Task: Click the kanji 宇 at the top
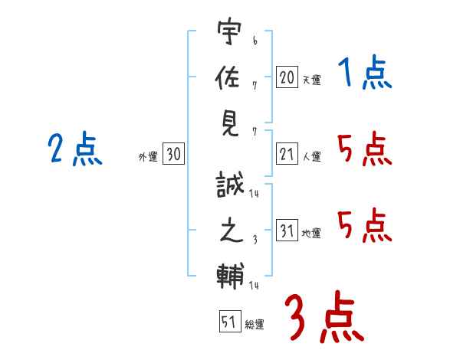[x=229, y=31]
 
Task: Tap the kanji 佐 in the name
[x=228, y=77]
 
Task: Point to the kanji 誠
[x=230, y=185]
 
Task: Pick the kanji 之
[x=232, y=231]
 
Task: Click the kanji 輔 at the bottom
[x=230, y=276]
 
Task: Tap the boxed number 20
[x=287, y=77]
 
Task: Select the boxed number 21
[x=287, y=153]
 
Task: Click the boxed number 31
[x=287, y=230]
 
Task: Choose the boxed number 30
[x=174, y=153]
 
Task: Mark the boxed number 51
[x=230, y=321]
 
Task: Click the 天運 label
[x=312, y=80]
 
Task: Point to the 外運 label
[x=148, y=156]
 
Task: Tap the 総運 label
[x=255, y=325]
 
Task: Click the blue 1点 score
[x=365, y=72]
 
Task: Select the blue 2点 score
[x=75, y=149]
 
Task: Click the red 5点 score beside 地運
[x=365, y=226]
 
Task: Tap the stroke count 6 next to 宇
[x=255, y=41]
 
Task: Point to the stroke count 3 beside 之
[x=255, y=240]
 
